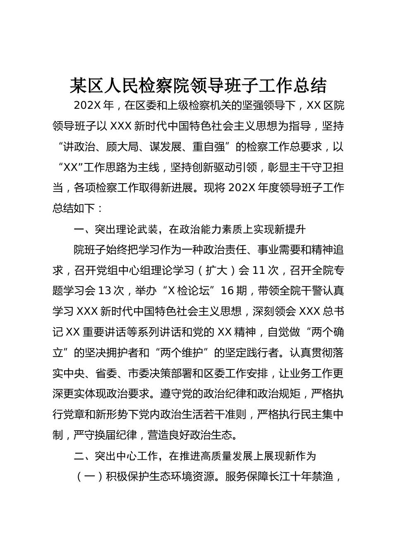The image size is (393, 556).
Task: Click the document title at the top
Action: pyautogui.click(x=198, y=86)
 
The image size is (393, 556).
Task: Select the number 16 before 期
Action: pyautogui.click(x=228, y=291)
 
